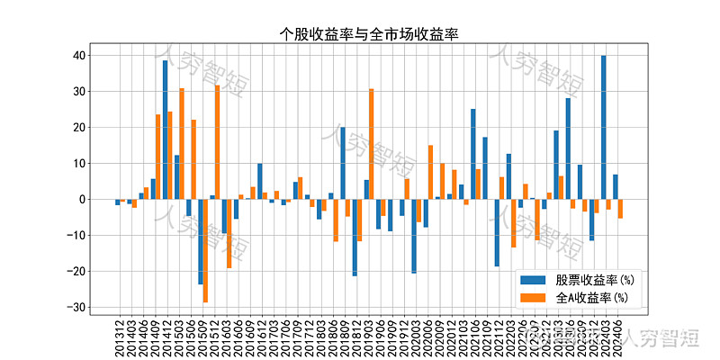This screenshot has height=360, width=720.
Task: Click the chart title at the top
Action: [369, 34]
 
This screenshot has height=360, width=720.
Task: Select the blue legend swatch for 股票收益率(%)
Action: [533, 280]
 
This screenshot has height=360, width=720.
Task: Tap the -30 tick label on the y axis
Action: [76, 308]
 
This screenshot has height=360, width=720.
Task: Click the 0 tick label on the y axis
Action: [81, 200]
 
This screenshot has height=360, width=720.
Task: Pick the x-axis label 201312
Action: [120, 338]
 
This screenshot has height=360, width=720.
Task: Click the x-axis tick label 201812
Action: [356, 338]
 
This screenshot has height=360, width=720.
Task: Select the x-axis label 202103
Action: [463, 338]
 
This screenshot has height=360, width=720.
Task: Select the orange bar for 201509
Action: [205, 251]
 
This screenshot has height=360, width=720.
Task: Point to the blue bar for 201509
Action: [201, 242]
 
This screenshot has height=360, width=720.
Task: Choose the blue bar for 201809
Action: [343, 163]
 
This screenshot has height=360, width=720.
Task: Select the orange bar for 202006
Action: [430, 172]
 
